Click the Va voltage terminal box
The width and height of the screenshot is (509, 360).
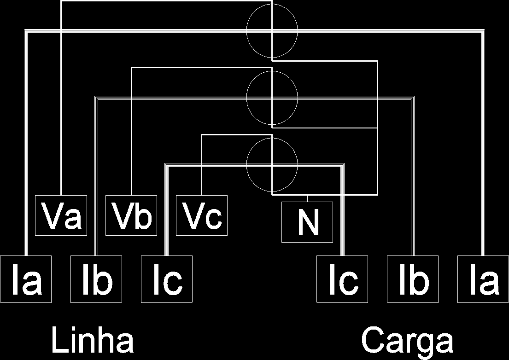[61, 215]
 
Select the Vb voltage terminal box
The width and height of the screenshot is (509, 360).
[131, 215]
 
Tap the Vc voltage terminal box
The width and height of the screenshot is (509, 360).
[202, 215]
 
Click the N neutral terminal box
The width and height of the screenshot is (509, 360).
[307, 222]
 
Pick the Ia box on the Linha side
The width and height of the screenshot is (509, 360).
[26, 279]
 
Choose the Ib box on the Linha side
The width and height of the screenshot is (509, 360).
[96, 279]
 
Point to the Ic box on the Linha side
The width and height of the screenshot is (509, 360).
[167, 279]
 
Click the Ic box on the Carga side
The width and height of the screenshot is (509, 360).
[342, 279]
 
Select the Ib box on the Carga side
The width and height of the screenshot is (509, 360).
[413, 279]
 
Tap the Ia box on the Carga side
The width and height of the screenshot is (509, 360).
[483, 279]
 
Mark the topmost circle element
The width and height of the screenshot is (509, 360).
[247, 30]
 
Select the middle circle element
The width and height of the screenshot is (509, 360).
[247, 98]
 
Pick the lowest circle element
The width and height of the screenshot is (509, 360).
[247, 164]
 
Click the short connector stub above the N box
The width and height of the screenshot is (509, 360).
[307, 198]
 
